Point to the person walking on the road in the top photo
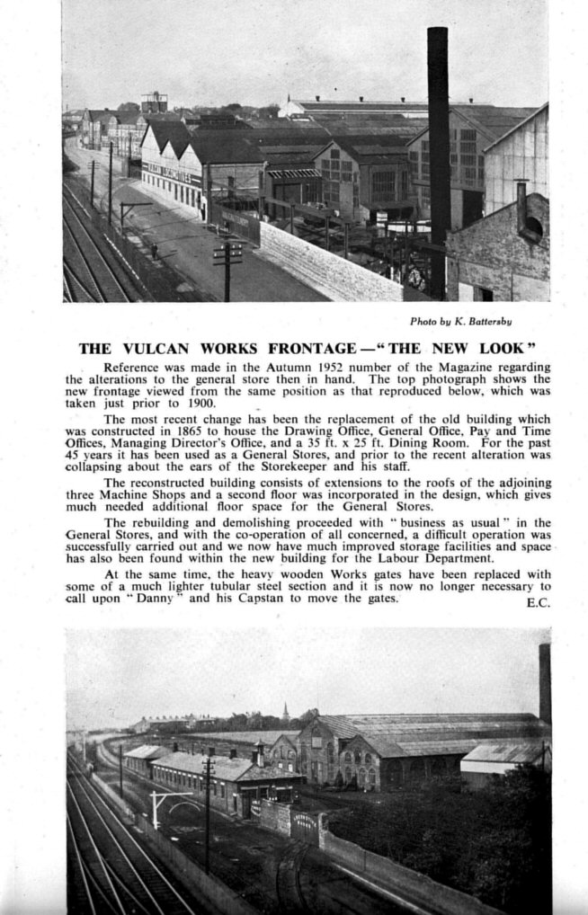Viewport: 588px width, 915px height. (155, 251)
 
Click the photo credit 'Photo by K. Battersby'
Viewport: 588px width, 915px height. (461, 321)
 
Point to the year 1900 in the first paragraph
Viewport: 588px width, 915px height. (218, 404)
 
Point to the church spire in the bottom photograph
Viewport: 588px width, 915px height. (285, 712)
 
